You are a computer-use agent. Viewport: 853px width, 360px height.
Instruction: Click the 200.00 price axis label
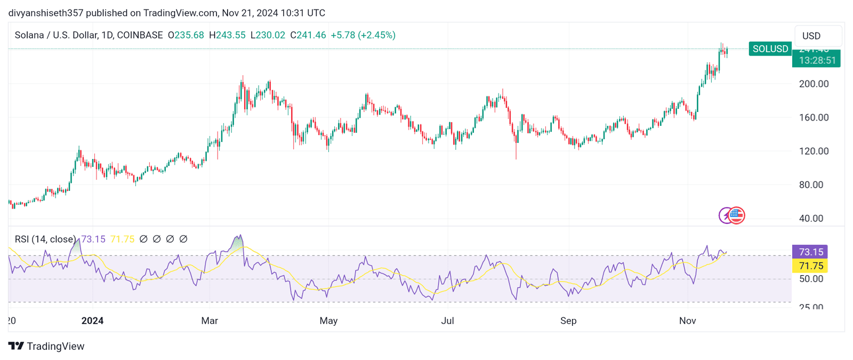[814, 84]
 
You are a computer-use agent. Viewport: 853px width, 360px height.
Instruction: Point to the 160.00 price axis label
[814, 117]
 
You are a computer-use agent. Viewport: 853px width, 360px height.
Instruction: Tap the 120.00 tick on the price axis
[814, 151]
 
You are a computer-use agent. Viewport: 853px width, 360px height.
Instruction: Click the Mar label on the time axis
[210, 321]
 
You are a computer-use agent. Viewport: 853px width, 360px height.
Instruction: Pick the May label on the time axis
[328, 321]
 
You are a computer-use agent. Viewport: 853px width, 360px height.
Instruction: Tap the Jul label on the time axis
[448, 321]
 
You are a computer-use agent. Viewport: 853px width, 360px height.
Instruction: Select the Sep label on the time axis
[568, 321]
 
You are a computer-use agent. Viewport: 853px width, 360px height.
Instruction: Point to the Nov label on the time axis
[688, 321]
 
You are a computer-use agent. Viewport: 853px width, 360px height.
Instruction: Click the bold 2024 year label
[92, 321]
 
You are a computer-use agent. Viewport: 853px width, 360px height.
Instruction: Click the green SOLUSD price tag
[770, 49]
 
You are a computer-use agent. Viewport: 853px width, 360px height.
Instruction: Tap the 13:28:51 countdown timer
[817, 60]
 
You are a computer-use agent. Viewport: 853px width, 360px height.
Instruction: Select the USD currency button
[811, 36]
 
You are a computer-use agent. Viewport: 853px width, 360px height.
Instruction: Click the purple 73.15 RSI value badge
[810, 252]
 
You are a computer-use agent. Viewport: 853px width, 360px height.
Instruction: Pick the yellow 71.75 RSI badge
[810, 266]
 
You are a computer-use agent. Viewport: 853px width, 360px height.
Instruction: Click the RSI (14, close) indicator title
[45, 239]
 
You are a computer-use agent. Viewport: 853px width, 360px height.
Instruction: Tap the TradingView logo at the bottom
[46, 346]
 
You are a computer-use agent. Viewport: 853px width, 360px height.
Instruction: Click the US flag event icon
[736, 215]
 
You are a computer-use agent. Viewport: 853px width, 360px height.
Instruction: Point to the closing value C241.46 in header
[308, 35]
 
